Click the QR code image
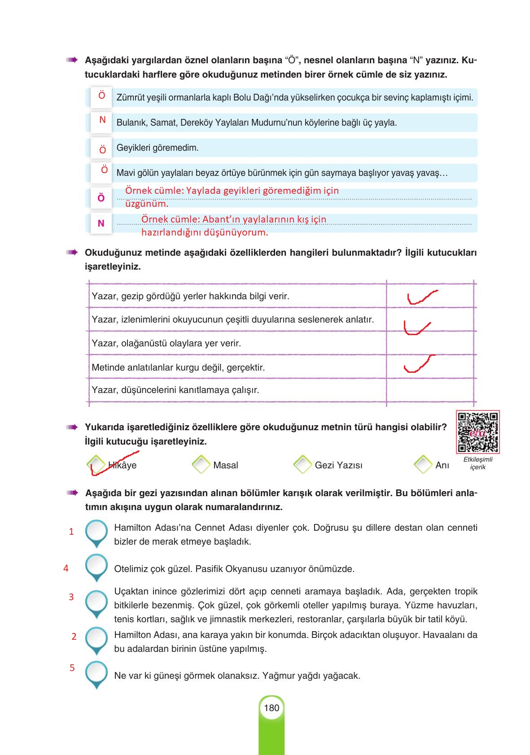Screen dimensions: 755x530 [477, 432]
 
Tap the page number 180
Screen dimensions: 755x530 [272, 708]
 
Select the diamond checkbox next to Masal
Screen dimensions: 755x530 [201, 465]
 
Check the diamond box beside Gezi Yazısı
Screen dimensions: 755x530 [303, 465]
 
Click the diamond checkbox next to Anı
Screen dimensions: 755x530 [423, 465]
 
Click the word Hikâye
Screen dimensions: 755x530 [123, 465]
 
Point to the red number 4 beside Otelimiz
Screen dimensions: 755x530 [66, 568]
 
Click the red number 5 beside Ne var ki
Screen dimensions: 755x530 [72, 668]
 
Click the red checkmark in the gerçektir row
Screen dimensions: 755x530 [418, 364]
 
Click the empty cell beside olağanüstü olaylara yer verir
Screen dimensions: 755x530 [430, 343]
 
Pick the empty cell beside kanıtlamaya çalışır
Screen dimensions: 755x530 [430, 390]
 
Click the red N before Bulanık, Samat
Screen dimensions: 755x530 [102, 120]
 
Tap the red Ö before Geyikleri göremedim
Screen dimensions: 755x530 [102, 150]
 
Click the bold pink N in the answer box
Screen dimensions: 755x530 [101, 223]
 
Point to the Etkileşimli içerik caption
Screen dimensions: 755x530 [477, 463]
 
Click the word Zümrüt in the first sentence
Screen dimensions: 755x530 [130, 97]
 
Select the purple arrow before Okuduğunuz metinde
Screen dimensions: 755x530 [71, 252]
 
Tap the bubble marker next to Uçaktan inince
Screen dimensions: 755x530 [96, 603]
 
